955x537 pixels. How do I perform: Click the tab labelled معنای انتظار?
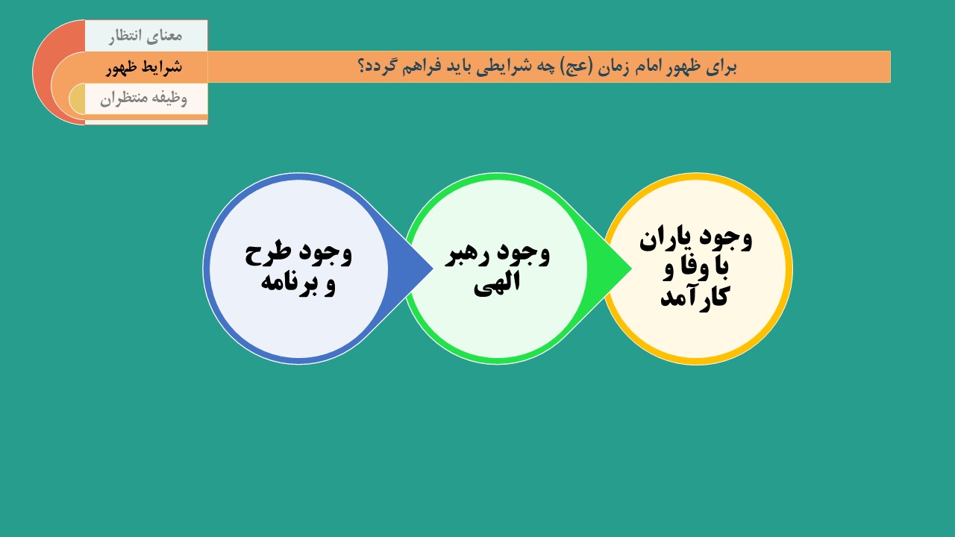(145, 36)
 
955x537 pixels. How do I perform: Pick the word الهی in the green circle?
(497, 283)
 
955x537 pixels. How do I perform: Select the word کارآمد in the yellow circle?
(695, 295)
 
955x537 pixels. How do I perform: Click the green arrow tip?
(631, 268)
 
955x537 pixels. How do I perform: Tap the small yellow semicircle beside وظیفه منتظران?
(78, 98)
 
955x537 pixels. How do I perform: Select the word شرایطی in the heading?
(498, 67)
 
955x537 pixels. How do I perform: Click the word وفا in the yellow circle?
(686, 268)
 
